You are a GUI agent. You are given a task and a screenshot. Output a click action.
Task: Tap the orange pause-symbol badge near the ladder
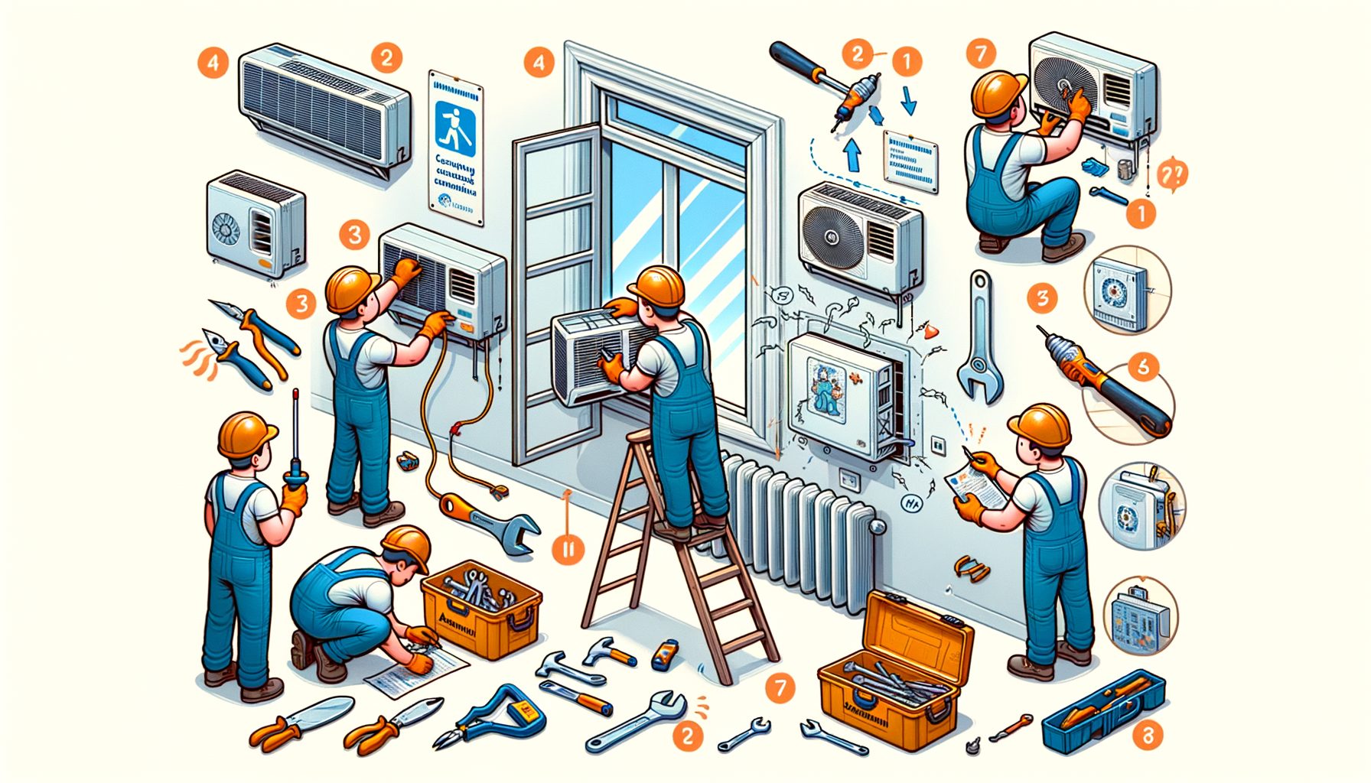click(x=567, y=547)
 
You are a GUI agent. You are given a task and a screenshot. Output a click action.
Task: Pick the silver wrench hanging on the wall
click(x=979, y=336)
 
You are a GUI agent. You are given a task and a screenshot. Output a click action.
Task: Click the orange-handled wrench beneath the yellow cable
click(x=490, y=520)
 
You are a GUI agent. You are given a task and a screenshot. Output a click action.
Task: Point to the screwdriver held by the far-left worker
click(x=295, y=440)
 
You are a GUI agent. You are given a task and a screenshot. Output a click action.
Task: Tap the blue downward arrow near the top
click(x=908, y=100)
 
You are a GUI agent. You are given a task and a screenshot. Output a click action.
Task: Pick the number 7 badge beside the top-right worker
click(x=981, y=54)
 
